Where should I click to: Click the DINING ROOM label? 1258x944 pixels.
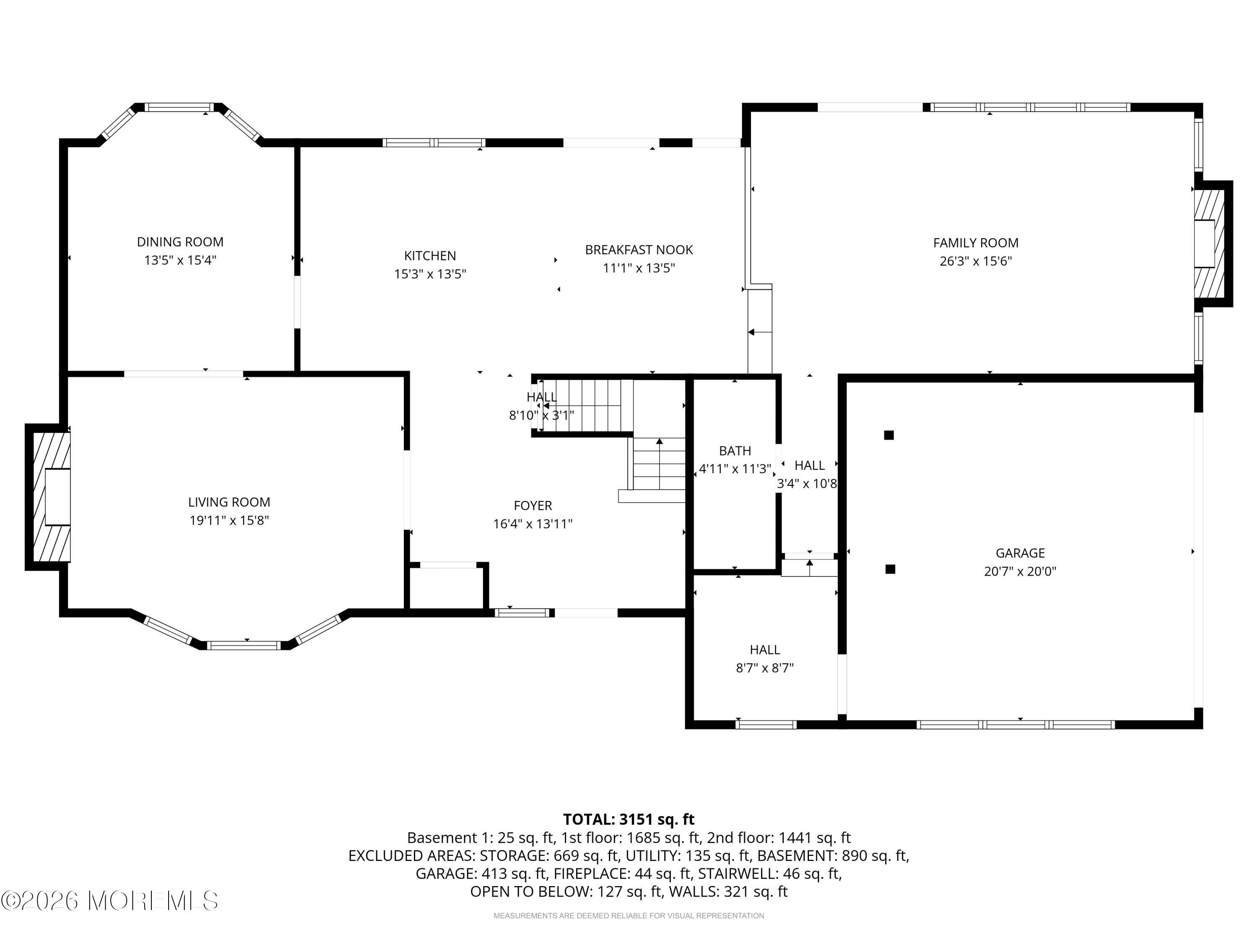(x=180, y=242)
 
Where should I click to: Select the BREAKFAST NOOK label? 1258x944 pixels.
(x=639, y=250)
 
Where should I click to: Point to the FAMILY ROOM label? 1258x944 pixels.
(x=975, y=243)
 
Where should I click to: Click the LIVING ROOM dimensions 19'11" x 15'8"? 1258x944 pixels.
(x=229, y=521)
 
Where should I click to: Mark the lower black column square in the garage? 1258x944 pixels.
(x=891, y=569)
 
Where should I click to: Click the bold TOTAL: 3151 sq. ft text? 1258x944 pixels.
(x=629, y=819)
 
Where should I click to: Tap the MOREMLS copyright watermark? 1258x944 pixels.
(x=110, y=901)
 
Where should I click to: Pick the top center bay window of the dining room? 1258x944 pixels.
(x=179, y=107)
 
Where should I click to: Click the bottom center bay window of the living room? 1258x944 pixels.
(x=244, y=645)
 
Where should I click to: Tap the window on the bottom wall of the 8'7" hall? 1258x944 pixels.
(x=766, y=724)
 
